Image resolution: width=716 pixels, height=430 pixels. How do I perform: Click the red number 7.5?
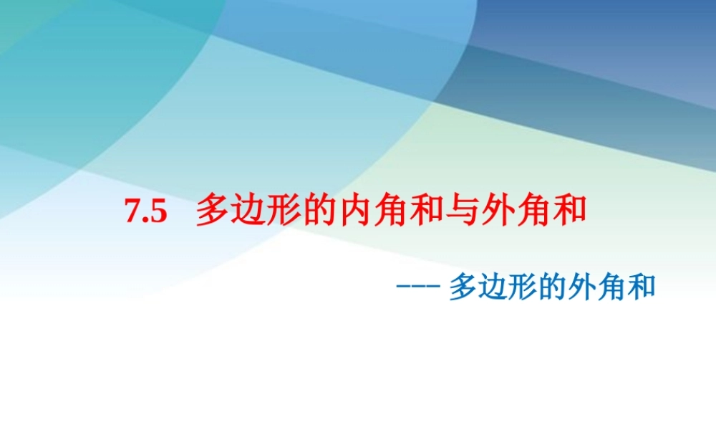[145, 213]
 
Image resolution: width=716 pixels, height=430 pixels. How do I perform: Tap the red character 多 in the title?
[212, 211]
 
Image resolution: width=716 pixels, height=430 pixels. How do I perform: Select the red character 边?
[247, 211]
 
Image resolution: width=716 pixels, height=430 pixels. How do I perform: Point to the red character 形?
[281, 211]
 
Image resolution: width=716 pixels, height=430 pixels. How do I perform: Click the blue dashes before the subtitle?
[417, 288]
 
